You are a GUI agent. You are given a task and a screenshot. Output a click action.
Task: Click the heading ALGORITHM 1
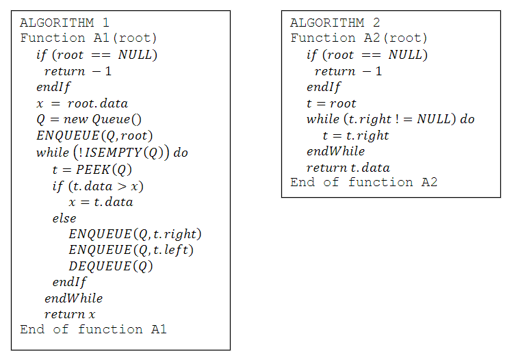(x=64, y=23)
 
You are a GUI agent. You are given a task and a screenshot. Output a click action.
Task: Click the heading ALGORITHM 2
(x=335, y=23)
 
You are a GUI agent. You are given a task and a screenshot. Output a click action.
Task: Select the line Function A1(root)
(x=88, y=38)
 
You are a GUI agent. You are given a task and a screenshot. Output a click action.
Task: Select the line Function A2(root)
(x=359, y=38)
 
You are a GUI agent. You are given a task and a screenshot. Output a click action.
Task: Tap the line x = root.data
(x=82, y=103)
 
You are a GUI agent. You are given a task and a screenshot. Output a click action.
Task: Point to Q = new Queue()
(x=89, y=120)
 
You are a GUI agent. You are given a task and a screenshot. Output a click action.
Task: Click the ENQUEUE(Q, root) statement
(x=94, y=136)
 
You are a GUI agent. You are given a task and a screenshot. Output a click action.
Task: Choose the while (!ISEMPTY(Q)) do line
(x=112, y=153)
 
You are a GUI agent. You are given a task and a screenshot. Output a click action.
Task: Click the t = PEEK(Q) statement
(x=92, y=170)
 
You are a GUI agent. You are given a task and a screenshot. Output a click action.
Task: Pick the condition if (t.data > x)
(x=98, y=186)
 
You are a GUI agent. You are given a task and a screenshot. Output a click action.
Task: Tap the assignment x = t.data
(x=101, y=202)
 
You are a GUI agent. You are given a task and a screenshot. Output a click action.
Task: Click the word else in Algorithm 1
(x=64, y=218)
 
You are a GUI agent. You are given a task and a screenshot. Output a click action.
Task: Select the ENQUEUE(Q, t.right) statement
(x=135, y=234)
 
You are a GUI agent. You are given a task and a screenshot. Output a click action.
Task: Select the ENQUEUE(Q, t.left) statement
(x=131, y=250)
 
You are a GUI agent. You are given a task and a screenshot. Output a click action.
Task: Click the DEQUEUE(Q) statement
(x=111, y=266)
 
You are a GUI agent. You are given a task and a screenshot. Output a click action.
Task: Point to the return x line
(x=70, y=314)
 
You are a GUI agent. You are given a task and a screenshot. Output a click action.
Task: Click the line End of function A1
(x=94, y=329)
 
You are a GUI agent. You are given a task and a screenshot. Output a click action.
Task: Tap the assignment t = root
(x=331, y=103)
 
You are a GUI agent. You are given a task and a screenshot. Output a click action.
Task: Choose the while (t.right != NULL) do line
(x=391, y=120)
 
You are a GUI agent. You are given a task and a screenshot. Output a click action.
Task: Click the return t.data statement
(x=348, y=168)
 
